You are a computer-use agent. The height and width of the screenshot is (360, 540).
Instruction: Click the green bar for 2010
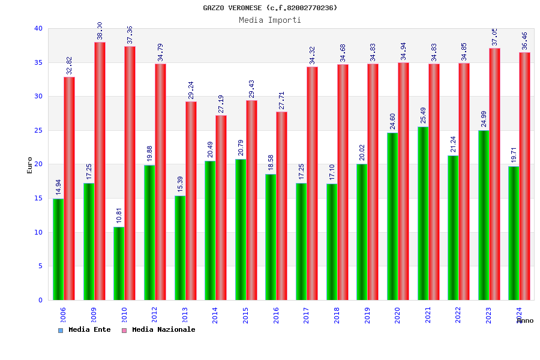pyautogui.click(x=119, y=263)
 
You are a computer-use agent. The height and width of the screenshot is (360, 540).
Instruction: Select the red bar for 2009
pyautogui.click(x=100, y=171)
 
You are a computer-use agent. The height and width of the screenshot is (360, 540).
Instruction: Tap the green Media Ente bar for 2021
pyautogui.click(x=422, y=213)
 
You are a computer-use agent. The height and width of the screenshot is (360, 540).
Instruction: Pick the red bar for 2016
pyautogui.click(x=282, y=206)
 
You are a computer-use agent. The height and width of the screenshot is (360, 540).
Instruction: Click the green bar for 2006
pyautogui.click(x=58, y=249)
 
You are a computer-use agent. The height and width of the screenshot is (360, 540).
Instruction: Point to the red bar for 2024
pyautogui.click(x=524, y=176)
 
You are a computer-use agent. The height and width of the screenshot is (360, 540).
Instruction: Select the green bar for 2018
pyautogui.click(x=331, y=242)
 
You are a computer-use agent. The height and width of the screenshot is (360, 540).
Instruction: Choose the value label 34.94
pyautogui.click(x=404, y=51)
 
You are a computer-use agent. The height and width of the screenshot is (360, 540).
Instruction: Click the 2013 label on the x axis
pyautogui.click(x=185, y=315)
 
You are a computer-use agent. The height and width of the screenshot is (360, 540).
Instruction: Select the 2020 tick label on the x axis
pyautogui.click(x=397, y=315)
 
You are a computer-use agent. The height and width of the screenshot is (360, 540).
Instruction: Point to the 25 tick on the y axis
pyautogui.click(x=38, y=130)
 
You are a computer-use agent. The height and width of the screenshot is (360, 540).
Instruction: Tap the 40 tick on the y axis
pyautogui.click(x=38, y=28)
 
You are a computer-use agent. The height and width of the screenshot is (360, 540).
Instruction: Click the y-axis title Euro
pyautogui.click(x=30, y=165)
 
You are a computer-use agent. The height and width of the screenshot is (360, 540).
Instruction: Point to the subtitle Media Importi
pyautogui.click(x=270, y=20)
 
